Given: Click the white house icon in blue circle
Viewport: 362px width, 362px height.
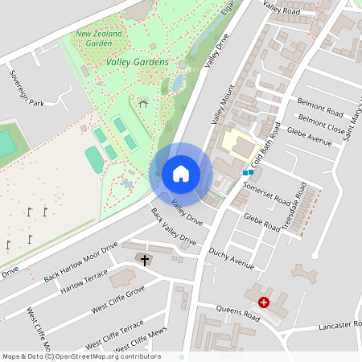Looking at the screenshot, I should point(181,174).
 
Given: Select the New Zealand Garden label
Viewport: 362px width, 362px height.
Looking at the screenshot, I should point(101,39).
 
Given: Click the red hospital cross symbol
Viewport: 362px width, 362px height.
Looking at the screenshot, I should point(264,302).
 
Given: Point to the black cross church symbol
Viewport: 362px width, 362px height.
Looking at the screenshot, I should point(145,260).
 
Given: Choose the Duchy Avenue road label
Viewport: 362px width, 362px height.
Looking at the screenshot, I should point(231,258).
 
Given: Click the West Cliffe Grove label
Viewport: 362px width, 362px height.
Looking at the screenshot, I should point(117,298).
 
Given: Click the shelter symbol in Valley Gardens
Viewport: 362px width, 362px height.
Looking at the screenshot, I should point(143,103).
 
